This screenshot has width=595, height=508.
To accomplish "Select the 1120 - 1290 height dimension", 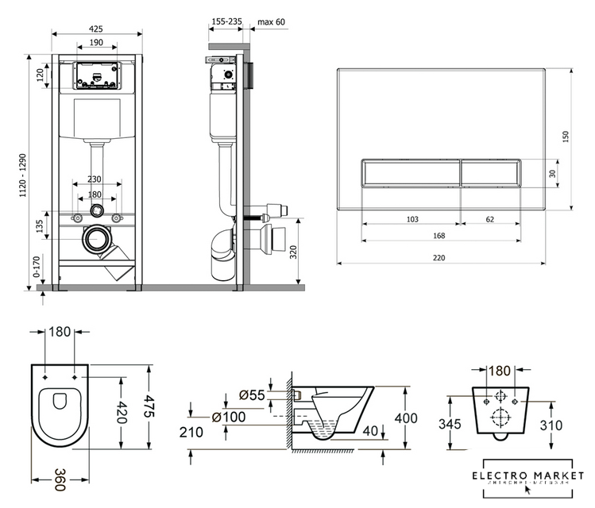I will coord(31,171).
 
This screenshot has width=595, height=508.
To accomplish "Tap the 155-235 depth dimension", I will coord(225,21).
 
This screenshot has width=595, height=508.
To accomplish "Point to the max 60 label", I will coord(271,21).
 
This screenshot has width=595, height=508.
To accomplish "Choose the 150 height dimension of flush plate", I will coord(565,137).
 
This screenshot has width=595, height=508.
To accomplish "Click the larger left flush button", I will coord(411,172).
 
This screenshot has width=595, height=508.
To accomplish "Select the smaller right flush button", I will coord(490,172).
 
